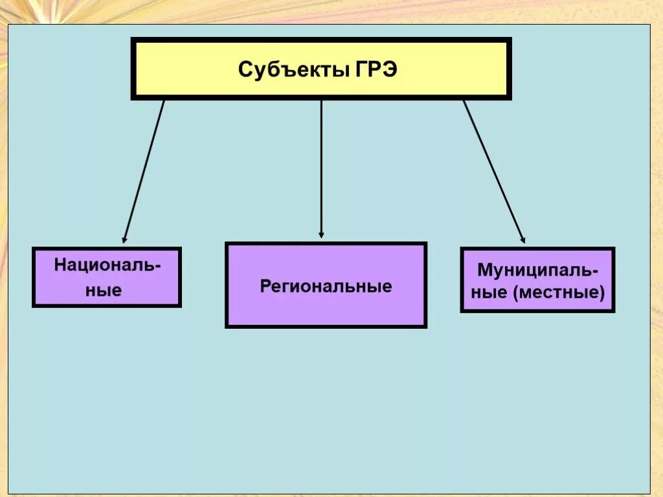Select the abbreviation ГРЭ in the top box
[x=376, y=69]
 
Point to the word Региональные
[x=326, y=286]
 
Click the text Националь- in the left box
[x=107, y=265]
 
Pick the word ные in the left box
[x=104, y=290]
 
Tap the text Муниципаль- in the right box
[x=537, y=269]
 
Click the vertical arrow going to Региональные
[x=321, y=168]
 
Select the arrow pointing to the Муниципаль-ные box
[x=493, y=171]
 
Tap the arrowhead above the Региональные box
[x=321, y=235]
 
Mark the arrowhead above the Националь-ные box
[x=125, y=239]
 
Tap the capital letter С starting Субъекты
[x=245, y=69]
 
